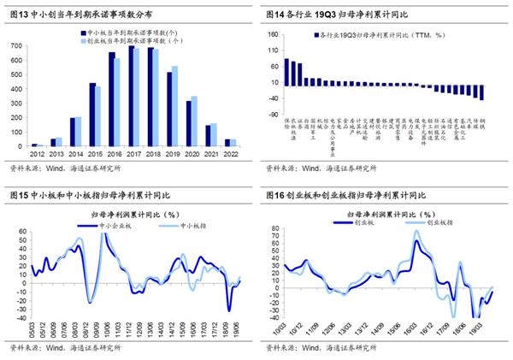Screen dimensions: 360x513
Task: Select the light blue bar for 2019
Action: click(175, 106)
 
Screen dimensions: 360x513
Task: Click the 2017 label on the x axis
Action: click(133, 154)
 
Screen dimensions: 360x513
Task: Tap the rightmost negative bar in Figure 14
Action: click(483, 91)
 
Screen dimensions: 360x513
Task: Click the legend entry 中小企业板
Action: click(110, 226)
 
